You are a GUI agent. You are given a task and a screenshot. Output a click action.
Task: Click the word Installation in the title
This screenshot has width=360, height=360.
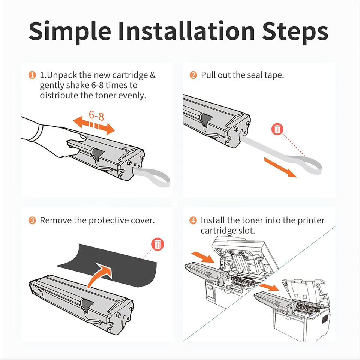(187, 31)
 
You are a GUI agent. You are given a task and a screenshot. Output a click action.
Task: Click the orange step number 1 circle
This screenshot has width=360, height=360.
(32, 75)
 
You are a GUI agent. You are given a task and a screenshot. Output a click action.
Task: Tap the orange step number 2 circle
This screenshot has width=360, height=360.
(193, 75)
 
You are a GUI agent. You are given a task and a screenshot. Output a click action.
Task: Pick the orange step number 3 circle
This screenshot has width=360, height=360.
(32, 220)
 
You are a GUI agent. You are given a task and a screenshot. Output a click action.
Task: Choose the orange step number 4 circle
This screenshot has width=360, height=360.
(193, 220)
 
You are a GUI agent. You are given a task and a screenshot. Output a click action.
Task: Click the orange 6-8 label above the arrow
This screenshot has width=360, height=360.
(96, 115)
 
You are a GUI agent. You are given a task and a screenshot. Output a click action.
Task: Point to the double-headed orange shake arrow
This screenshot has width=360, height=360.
(94, 125)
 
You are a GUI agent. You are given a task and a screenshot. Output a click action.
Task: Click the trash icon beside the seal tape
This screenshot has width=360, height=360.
(277, 129)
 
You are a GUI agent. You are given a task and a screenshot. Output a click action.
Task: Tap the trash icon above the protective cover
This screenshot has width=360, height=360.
(157, 244)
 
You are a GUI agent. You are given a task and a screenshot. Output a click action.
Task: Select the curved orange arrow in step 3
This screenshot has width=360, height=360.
(100, 275)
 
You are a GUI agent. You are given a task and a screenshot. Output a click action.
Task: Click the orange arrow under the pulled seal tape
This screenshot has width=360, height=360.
(280, 168)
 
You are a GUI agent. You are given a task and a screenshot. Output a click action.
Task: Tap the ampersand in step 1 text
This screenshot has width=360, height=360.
(153, 75)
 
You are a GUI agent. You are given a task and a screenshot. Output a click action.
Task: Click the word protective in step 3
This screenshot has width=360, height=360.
(108, 220)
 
